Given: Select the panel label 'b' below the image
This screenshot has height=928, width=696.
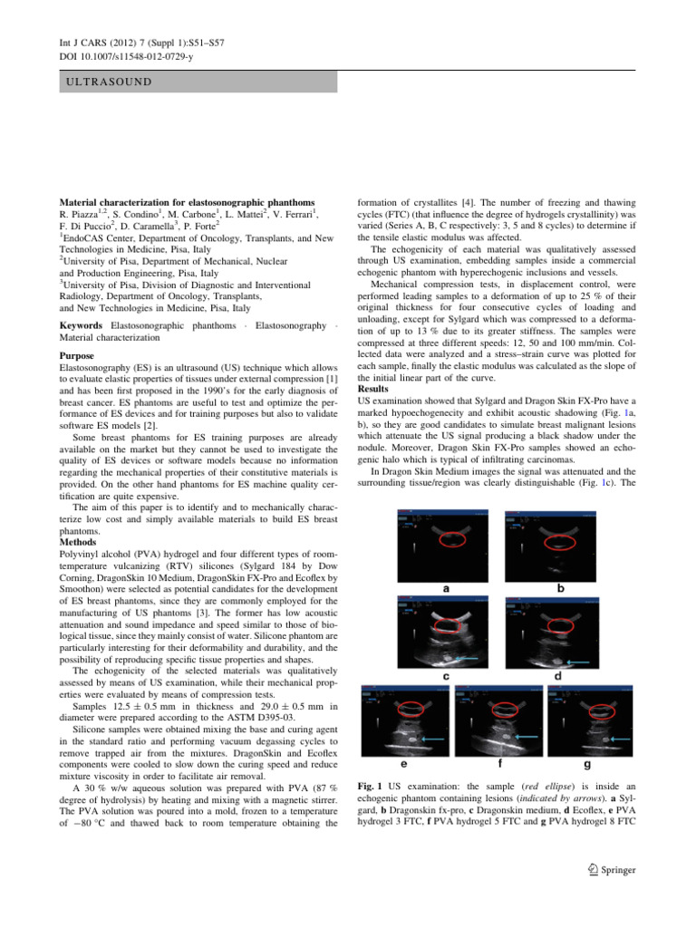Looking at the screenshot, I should click(558, 587).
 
